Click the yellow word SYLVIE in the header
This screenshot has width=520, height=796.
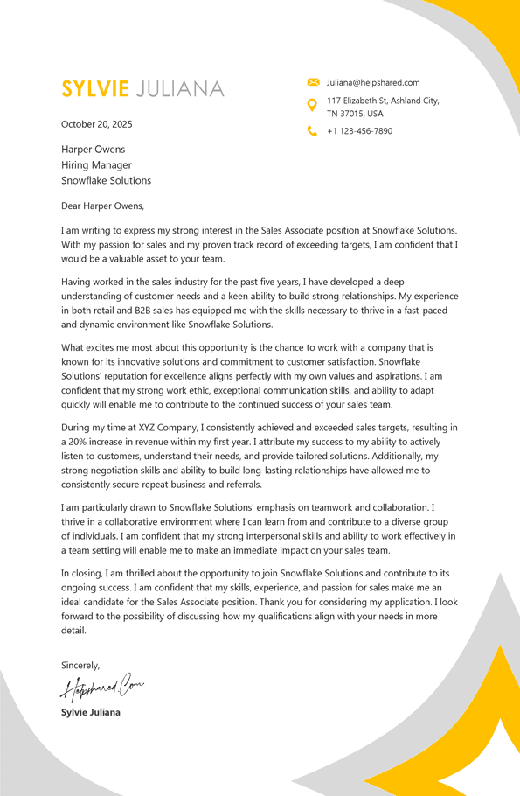tap(95, 88)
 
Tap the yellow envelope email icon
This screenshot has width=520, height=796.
tap(313, 82)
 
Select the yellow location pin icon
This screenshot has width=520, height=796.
tap(313, 105)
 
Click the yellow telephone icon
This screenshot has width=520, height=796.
tap(313, 131)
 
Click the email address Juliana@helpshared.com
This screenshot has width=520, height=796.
tap(373, 82)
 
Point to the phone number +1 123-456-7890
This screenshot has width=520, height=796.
tap(359, 131)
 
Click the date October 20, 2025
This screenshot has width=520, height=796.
tap(97, 124)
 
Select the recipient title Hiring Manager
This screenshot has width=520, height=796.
tap(96, 164)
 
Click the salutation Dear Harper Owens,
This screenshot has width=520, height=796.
tap(102, 206)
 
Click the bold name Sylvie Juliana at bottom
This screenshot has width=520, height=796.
tap(91, 712)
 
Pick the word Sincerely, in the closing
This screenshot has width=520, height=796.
tap(80, 665)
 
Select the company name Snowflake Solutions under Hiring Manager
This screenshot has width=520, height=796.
tap(106, 180)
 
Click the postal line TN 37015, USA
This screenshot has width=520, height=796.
tap(355, 114)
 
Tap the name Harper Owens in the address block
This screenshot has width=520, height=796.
tap(93, 149)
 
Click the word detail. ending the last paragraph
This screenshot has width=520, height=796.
tap(73, 630)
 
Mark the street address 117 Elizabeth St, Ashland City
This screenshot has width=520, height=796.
tap(383, 101)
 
